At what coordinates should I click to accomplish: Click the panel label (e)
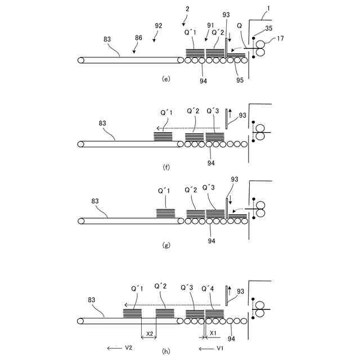point(166,79)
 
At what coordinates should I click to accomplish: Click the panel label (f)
point(166,167)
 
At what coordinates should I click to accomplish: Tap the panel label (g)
point(166,245)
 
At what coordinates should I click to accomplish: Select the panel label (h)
point(166,351)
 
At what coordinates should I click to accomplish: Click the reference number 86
point(139,38)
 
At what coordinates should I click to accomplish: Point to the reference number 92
point(158,25)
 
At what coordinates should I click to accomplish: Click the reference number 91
point(210,25)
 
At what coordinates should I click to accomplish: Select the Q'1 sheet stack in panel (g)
point(166,213)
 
